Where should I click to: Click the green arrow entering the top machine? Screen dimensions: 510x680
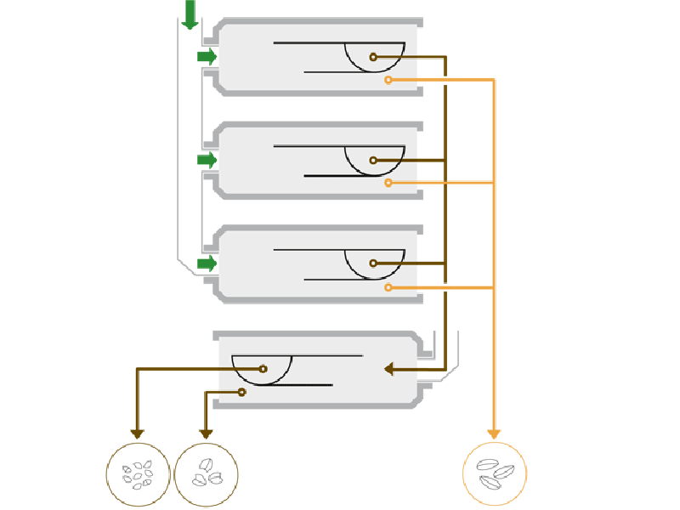[207, 57]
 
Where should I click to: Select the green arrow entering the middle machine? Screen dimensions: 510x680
[207, 159]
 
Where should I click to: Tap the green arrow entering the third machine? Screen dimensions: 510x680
[207, 263]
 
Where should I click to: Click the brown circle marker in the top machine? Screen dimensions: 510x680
[373, 57]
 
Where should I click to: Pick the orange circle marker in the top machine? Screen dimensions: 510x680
[388, 80]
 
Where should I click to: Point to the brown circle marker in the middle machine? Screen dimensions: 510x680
[373, 160]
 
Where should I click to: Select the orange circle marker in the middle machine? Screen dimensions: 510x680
[388, 183]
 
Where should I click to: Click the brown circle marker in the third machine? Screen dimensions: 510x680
[373, 263]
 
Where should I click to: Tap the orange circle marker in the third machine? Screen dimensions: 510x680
[388, 288]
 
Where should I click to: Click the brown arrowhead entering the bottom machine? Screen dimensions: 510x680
[389, 369]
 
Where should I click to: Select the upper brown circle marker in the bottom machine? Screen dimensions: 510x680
[263, 369]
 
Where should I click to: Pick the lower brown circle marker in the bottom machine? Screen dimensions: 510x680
[242, 392]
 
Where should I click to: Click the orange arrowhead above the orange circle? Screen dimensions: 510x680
[494, 433]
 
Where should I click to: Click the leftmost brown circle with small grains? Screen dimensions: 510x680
[138, 474]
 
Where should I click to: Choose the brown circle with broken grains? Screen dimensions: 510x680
[206, 474]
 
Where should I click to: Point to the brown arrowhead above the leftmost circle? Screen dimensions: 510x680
[138, 433]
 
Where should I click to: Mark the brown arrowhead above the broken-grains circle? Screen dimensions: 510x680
[206, 433]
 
